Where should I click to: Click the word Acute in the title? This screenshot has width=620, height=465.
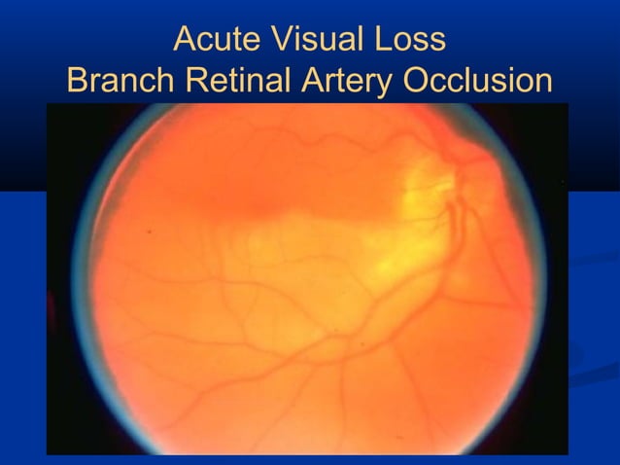click(x=216, y=40)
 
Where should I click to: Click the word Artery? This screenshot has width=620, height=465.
click(x=344, y=82)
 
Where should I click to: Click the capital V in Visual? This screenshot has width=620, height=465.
click(x=275, y=40)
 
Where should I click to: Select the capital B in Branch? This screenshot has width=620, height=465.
click(x=79, y=82)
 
